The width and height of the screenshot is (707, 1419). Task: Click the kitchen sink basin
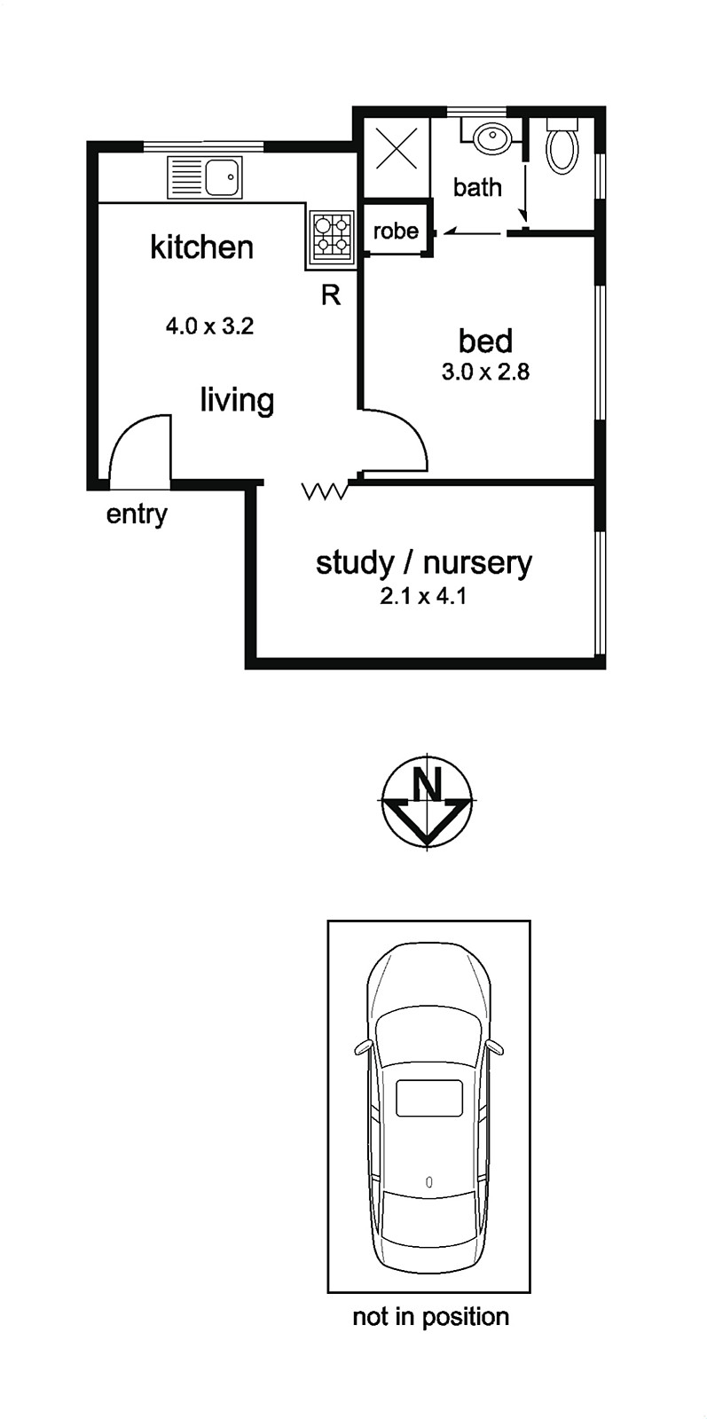(x=224, y=176)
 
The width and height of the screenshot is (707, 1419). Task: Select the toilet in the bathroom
(x=562, y=147)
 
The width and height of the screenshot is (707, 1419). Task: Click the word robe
(x=396, y=231)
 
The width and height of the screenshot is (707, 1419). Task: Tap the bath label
(x=477, y=187)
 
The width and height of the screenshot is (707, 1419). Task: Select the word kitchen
(x=202, y=247)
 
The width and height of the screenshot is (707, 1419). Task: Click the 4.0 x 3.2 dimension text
(x=210, y=326)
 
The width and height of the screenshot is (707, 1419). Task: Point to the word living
(x=237, y=400)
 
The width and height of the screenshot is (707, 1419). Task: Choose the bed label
(x=485, y=341)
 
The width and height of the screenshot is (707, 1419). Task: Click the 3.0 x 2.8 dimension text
(x=485, y=372)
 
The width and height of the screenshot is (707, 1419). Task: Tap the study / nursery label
(x=424, y=562)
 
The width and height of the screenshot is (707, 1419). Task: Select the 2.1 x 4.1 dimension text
(x=423, y=596)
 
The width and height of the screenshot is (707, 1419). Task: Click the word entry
(x=137, y=514)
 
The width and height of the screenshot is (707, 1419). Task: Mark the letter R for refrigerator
(x=331, y=294)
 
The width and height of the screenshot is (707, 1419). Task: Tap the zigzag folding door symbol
(x=326, y=490)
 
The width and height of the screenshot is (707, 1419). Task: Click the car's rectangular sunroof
(x=429, y=1098)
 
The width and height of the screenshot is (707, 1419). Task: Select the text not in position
(x=431, y=1316)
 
